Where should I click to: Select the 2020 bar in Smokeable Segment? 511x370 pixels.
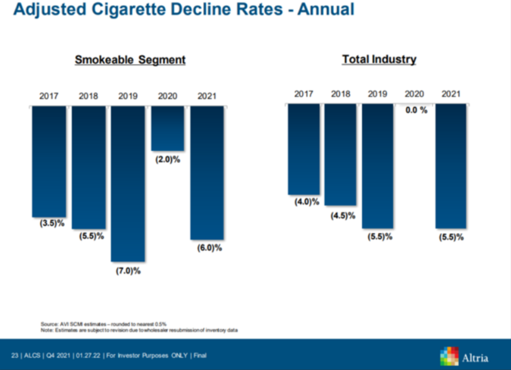[167, 128]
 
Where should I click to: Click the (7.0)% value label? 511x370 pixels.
[128, 271]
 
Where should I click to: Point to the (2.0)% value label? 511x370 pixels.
[167, 160]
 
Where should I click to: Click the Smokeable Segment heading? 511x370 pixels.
[130, 60]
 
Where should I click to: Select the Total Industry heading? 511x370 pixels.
[379, 59]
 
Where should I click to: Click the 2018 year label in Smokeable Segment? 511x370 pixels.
[88, 96]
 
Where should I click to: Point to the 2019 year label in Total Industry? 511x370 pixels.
[378, 94]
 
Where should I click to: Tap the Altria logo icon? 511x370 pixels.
[449, 357]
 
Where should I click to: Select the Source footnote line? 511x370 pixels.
[104, 324]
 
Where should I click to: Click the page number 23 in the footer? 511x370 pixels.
[15, 355]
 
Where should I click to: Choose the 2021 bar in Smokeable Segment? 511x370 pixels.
[207, 173]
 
